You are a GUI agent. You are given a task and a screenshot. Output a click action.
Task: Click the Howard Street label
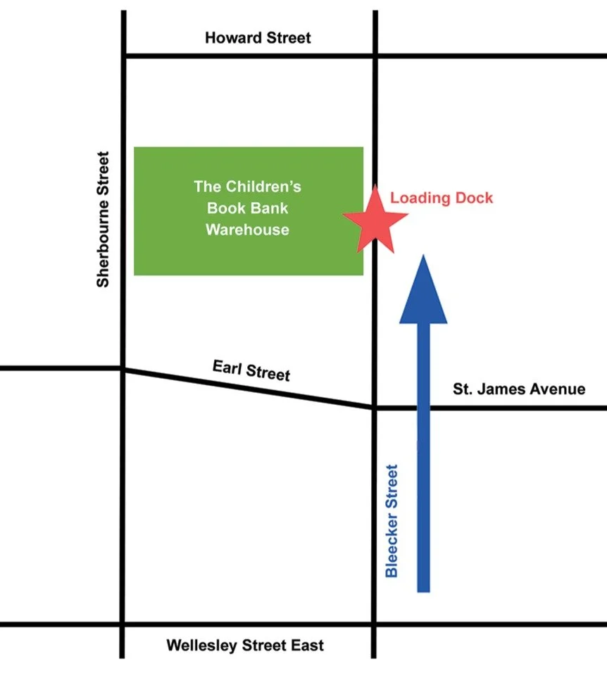258,37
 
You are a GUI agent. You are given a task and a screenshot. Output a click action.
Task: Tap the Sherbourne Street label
104,219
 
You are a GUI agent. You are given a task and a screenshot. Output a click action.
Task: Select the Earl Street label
251,370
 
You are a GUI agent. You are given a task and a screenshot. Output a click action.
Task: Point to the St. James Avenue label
520,389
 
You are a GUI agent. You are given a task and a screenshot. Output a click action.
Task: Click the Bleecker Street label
392,520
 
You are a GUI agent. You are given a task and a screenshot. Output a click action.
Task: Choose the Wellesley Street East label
245,645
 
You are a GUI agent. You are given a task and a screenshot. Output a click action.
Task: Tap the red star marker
375,219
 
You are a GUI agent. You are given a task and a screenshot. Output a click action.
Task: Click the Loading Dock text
442,197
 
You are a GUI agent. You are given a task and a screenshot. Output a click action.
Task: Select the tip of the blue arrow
423,256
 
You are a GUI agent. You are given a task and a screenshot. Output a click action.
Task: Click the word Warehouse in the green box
247,229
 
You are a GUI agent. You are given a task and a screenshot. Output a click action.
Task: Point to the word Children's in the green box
263,187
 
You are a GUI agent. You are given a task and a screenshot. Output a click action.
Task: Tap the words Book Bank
247,208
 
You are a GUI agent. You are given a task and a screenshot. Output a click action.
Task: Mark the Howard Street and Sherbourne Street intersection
124,54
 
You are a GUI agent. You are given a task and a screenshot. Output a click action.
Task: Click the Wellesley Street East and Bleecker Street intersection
374,624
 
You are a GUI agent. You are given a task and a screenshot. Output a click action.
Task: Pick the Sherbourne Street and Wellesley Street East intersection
124,624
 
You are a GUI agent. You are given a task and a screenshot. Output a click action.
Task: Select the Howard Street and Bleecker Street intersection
374,54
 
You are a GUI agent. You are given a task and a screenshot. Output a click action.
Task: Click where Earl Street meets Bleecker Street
374,407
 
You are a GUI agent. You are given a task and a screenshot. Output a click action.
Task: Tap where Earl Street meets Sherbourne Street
124,368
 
